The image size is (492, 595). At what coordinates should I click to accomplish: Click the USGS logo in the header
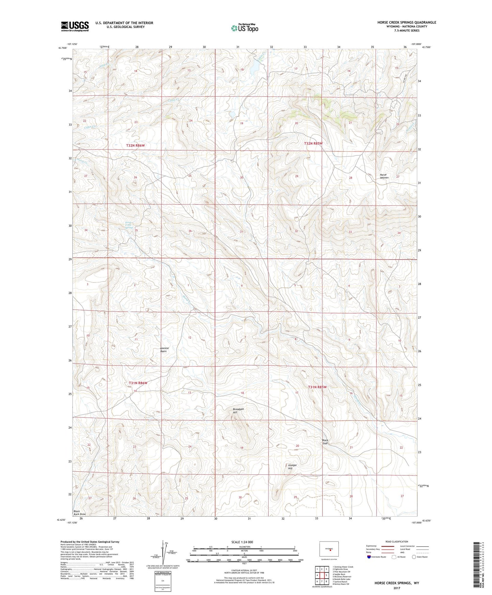click(75, 26)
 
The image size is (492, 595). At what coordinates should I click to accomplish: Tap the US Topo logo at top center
click(244, 28)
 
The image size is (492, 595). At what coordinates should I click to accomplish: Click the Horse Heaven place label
click(384, 176)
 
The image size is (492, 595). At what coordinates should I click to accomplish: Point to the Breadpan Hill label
click(239, 411)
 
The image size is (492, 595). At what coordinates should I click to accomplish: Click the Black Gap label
click(326, 442)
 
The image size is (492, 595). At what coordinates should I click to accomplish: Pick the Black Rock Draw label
click(79, 513)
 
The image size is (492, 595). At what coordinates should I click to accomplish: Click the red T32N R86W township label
click(136, 146)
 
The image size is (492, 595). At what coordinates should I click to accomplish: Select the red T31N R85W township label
click(317, 387)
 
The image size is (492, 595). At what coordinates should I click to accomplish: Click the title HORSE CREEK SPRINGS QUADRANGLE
click(407, 22)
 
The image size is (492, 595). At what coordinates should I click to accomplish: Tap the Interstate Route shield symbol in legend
click(370, 557)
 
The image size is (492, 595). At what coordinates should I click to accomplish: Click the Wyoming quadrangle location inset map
click(329, 550)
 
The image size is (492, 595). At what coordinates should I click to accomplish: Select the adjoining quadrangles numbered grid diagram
click(321, 576)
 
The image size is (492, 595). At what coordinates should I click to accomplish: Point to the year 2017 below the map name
click(397, 588)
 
